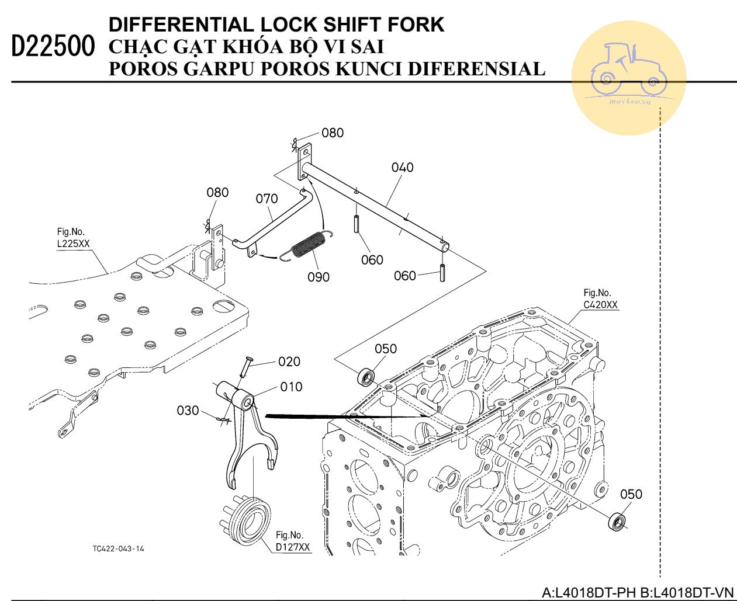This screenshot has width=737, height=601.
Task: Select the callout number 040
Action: [402, 168]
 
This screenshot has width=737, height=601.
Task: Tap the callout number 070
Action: [267, 199]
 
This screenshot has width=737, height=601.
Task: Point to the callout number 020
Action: [289, 362]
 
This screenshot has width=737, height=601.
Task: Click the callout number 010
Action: [291, 387]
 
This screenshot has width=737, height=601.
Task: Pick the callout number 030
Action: [188, 411]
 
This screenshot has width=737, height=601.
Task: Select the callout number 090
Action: [319, 277]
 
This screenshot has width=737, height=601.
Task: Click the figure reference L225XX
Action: [74, 244]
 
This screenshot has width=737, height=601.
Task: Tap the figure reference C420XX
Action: [600, 304]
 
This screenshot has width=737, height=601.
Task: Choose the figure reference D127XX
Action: [293, 547]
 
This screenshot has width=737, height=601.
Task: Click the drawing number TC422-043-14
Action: [118, 549]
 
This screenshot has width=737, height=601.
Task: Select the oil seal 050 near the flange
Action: [617, 521]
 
